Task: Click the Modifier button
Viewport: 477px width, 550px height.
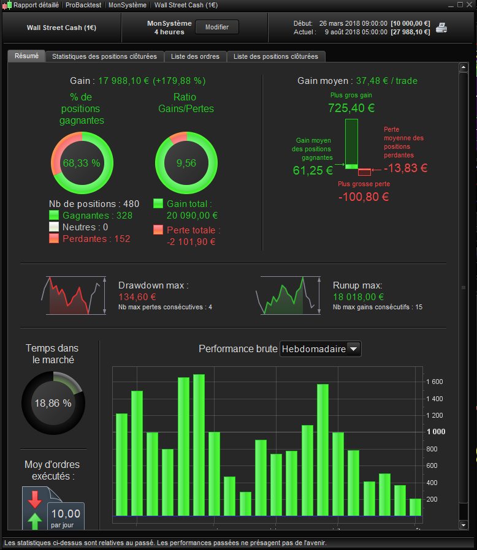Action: point(216,27)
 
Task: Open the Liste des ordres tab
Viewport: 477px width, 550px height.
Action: point(195,56)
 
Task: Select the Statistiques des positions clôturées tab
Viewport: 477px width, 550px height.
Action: point(104,56)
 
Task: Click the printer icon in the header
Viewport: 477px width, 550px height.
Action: point(441,28)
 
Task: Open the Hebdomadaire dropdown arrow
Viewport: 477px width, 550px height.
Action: point(353,349)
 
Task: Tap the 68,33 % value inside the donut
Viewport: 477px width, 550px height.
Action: point(82,163)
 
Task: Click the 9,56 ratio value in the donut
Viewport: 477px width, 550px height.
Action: point(186,163)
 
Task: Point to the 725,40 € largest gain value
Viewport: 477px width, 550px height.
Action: point(351,108)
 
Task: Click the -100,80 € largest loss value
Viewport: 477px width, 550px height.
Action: point(364,197)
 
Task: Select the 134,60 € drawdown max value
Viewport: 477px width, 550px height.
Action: point(137,297)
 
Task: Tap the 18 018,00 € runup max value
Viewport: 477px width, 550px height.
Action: point(358,297)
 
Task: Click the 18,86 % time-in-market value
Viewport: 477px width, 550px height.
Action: point(53,404)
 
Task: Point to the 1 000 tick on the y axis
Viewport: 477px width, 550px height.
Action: point(436,432)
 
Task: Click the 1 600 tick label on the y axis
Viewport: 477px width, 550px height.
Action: point(435,382)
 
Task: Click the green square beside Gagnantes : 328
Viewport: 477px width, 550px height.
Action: point(54,215)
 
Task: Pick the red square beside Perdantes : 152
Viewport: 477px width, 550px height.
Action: point(54,238)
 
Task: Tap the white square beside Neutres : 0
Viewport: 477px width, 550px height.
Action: point(54,227)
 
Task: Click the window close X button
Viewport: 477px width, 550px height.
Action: point(469,5)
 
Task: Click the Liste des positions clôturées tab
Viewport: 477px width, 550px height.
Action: point(276,56)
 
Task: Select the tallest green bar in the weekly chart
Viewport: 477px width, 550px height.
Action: point(199,445)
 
